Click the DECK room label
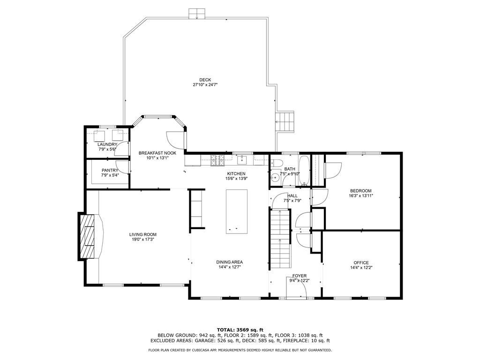pyautogui.click(x=205, y=80)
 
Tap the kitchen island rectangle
pyautogui.click(x=237, y=211)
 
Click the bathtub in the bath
pyautogui.click(x=304, y=171)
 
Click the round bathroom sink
pyautogui.click(x=276, y=177)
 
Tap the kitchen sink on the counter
pyautogui.click(x=242, y=159)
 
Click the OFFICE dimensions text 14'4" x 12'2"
pyautogui.click(x=361, y=267)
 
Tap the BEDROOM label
pyautogui.click(x=361, y=191)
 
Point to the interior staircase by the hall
pyautogui.click(x=280, y=239)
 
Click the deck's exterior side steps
pyautogui.click(x=285, y=121)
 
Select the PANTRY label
pyautogui.click(x=110, y=170)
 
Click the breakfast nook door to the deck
pyautogui.click(x=176, y=140)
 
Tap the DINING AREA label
pyautogui.click(x=229, y=262)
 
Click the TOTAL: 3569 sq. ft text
pyautogui.click(x=240, y=330)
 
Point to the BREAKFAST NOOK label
pyautogui.click(x=157, y=153)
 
